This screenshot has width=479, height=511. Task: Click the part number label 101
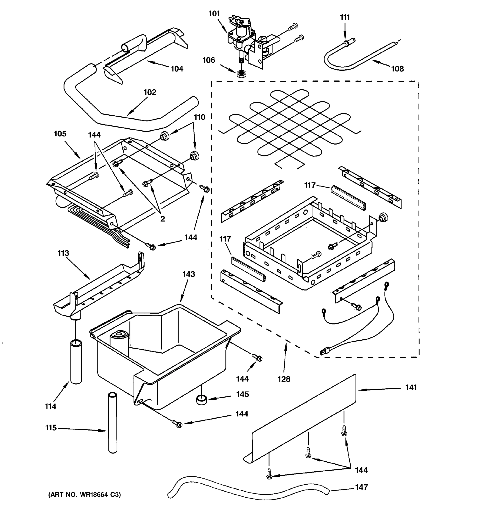[214, 14]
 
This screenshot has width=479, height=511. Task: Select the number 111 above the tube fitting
[345, 17]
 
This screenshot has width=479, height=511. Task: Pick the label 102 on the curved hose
[150, 92]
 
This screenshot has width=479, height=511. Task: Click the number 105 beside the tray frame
[60, 134]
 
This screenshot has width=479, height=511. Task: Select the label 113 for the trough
[63, 253]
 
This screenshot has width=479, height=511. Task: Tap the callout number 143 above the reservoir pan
[189, 274]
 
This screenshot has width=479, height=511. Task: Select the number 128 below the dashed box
[284, 379]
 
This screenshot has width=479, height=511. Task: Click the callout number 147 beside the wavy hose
[361, 487]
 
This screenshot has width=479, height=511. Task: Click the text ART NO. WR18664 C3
[85, 495]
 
